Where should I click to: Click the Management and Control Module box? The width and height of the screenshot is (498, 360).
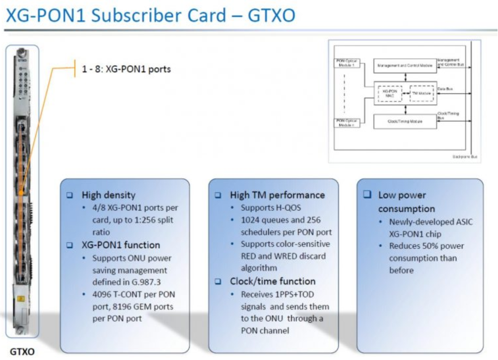pyautogui.click(x=405, y=65)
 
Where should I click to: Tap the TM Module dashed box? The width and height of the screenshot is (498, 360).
pyautogui.click(x=421, y=93)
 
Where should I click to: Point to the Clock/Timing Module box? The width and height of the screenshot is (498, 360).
pyautogui.click(x=405, y=121)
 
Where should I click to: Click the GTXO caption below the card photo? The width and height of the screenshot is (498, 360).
pyautogui.click(x=23, y=352)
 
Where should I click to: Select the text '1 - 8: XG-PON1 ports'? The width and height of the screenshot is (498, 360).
pyautogui.click(x=126, y=69)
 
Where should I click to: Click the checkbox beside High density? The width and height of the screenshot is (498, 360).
pyautogui.click(x=70, y=195)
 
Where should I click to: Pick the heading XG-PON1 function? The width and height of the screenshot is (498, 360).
pyautogui.click(x=121, y=245)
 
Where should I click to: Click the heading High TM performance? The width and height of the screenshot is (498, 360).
pyautogui.click(x=277, y=195)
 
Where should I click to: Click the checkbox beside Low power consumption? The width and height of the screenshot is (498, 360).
pyautogui.click(x=367, y=195)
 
